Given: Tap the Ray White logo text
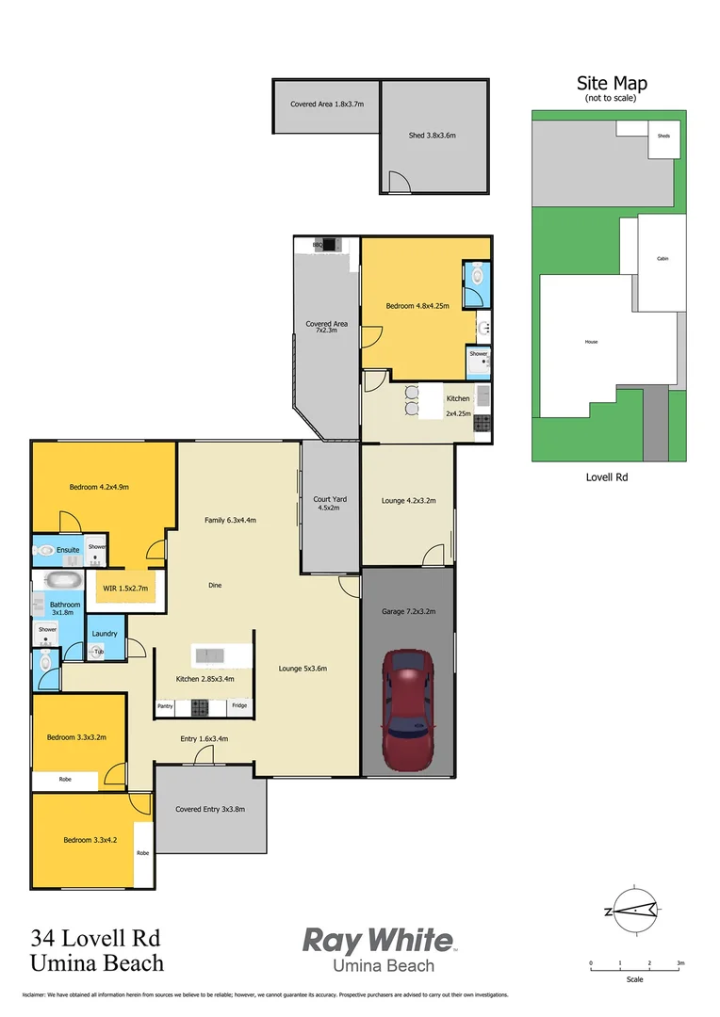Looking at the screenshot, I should pos(377,940).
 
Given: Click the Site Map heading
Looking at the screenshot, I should pos(612,84).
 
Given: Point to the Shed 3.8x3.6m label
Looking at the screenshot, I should pos(433,136).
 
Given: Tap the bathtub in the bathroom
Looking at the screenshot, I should pos(64,579).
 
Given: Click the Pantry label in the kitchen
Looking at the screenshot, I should pos(165,705).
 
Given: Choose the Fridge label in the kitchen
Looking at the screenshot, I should pos(239,705).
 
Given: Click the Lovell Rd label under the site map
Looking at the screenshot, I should pos(607,477).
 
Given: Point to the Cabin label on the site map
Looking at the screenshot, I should pos(663,259).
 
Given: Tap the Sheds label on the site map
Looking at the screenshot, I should pos(663,137).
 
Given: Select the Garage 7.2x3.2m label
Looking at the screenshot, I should pos(408,611).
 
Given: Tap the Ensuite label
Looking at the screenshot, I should pos(68,549).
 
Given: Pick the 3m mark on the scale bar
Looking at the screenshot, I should pos(679,963).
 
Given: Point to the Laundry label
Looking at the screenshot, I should pos(105,634).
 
